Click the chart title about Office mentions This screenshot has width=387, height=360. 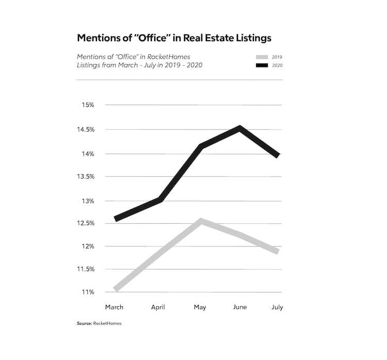174,38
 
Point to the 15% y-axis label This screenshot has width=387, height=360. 87,105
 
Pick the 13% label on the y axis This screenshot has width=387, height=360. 87,201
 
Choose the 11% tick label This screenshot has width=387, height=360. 87,292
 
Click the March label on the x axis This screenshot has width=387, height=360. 114,307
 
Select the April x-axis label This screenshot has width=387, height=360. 158,307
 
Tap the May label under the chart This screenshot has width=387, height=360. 200,307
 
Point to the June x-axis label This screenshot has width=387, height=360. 240,307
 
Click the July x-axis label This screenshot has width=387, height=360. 277,307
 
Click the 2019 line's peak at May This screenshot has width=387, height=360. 200,221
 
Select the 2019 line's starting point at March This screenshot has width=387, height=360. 116,289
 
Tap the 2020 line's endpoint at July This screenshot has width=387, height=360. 278,155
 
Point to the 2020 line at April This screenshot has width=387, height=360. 160,199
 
